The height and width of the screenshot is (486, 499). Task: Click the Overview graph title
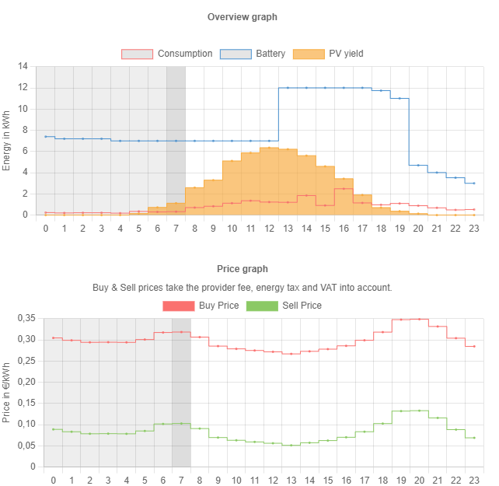pos(243,17)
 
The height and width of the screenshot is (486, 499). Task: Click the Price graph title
pos(243,269)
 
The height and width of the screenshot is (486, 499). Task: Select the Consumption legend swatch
pos(137,54)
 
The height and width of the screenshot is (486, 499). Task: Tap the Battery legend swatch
pos(236,54)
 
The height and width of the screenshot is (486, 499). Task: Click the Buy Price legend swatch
pos(178,306)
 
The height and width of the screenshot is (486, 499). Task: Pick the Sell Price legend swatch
pos(261,306)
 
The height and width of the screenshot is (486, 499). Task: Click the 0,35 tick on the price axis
pos(26,318)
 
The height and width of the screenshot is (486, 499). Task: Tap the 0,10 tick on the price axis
pos(26,425)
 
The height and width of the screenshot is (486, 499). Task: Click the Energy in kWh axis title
pos(7,141)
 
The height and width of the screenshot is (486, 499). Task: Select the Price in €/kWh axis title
pos(7,393)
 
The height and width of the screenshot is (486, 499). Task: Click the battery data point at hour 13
pos(288,88)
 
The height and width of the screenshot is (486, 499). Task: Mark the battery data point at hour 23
pos(474,183)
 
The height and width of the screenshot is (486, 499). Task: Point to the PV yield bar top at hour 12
pos(269,148)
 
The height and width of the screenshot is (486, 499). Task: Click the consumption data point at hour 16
pos(344,189)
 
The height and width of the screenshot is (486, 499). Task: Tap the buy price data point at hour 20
pos(420,319)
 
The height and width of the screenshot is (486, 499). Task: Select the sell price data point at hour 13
pos(291,445)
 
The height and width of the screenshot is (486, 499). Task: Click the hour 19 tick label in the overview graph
pos(400,228)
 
